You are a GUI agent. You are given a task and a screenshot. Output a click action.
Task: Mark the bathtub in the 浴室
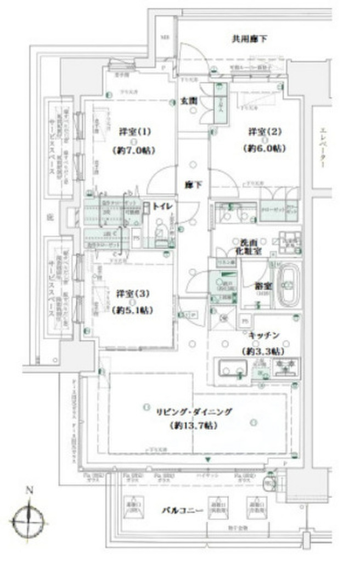tap(288, 285)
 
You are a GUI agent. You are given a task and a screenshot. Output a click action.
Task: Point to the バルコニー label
tap(183, 511)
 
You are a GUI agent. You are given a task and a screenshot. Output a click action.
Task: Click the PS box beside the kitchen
tap(245, 321)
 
